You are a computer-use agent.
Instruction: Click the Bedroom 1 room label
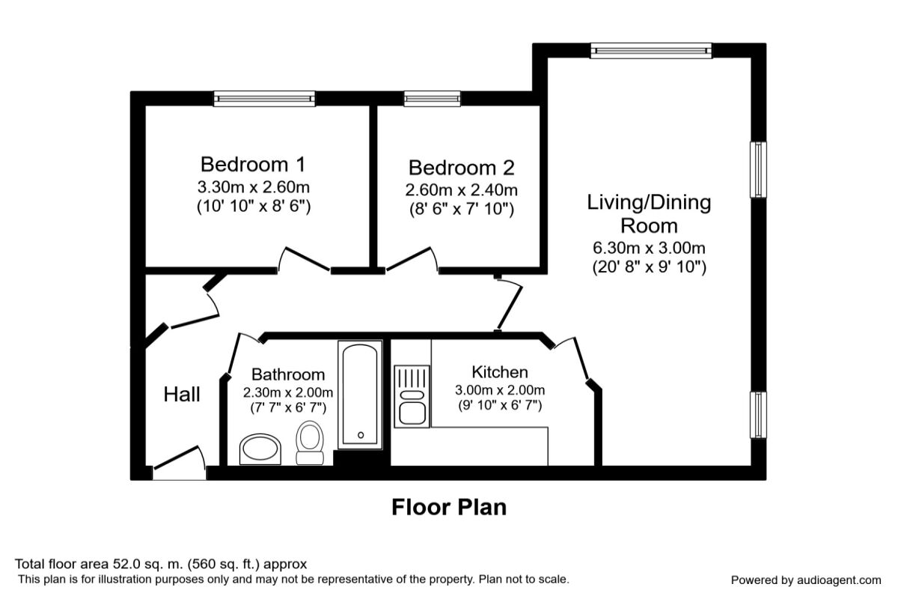point(253,165)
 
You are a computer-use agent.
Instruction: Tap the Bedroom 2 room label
point(462,168)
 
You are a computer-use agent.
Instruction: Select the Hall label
point(182,395)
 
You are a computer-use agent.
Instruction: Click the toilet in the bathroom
point(310,443)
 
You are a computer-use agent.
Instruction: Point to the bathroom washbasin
point(260,449)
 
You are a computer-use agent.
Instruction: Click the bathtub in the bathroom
point(360,395)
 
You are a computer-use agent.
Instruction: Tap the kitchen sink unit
point(412,396)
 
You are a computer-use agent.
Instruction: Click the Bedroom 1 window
point(264,98)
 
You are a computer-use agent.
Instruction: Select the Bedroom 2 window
point(433,98)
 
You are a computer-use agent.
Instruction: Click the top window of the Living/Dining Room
point(651,51)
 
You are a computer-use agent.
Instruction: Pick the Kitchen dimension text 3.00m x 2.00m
point(500,390)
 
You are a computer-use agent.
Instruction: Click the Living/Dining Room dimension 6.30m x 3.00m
point(649,248)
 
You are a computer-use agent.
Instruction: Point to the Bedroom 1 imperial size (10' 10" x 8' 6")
point(254,206)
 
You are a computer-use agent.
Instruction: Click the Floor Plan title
point(449,508)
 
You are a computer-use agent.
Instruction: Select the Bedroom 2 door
point(412,259)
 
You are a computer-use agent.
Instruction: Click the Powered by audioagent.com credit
point(806,580)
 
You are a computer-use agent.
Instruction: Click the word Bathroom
point(288,374)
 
